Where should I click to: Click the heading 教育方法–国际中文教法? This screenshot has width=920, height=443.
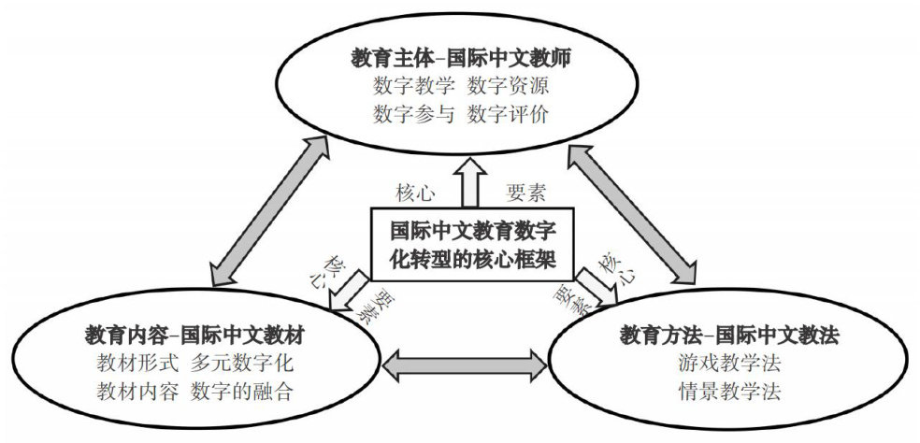tap(728, 335)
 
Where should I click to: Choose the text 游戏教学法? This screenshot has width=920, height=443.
tap(728, 363)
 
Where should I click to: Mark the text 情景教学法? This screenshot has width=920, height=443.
tap(728, 391)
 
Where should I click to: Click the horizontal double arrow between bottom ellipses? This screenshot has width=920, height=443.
tap(467, 363)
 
